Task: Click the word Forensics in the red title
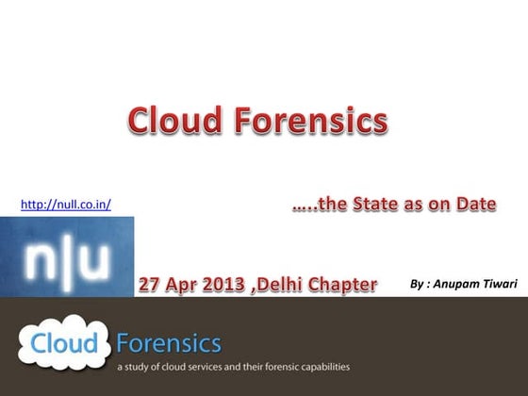(311, 122)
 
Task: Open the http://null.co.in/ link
(65, 204)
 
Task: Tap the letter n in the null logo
(41, 258)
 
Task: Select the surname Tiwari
(501, 282)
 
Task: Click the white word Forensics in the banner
(170, 340)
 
